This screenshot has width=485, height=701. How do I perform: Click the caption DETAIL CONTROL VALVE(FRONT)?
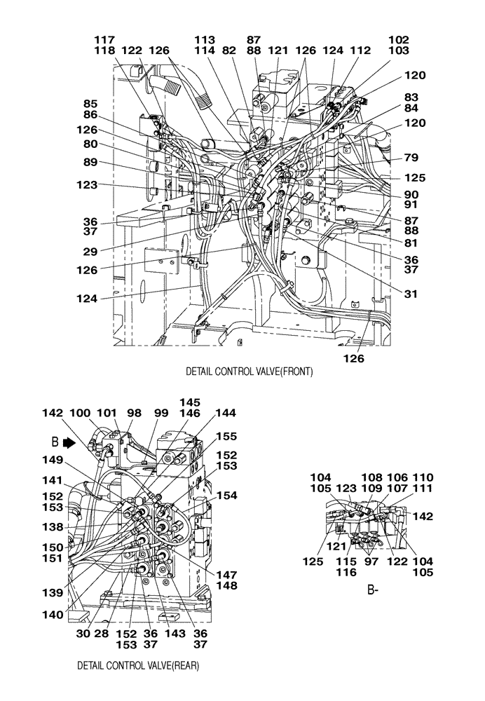(249, 372)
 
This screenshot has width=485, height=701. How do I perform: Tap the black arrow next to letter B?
(68, 442)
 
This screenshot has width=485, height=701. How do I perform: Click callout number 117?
(105, 40)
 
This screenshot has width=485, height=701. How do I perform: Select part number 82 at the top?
(229, 51)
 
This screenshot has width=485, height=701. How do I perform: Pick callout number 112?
(360, 51)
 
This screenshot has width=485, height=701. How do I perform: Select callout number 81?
(411, 243)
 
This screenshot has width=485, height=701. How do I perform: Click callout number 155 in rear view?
(226, 435)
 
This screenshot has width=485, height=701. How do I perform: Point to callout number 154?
(226, 495)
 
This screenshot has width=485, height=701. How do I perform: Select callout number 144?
(226, 413)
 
